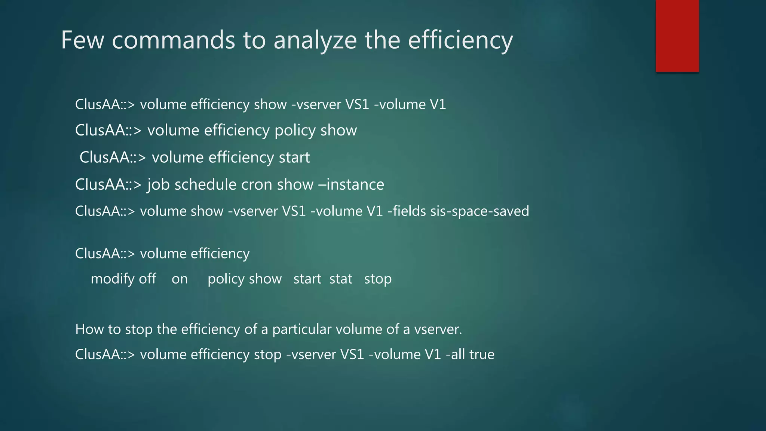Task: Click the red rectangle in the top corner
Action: coord(677,36)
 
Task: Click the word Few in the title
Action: coord(82,40)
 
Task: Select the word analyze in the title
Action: coord(315,40)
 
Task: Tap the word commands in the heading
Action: coord(173,40)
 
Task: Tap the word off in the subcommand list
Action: coord(147,279)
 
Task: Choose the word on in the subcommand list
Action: coord(180,279)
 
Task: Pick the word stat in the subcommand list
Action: coord(341,279)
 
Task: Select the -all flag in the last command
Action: coord(455,354)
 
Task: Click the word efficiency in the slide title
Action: coord(460,40)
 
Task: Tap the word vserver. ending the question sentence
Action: coord(438,329)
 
